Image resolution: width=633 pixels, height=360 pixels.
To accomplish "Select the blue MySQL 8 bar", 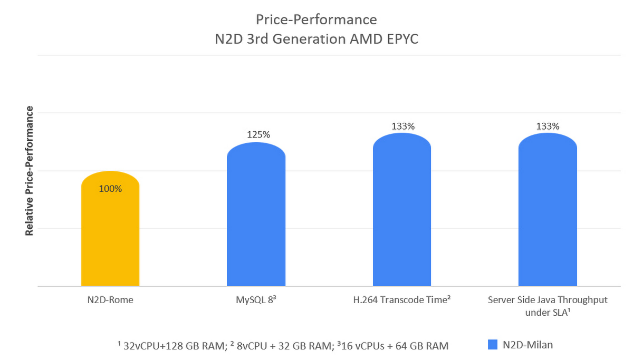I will point(256,221).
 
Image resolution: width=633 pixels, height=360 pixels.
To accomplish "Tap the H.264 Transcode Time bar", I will point(402,211).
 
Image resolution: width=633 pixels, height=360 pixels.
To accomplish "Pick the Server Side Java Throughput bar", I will point(548,211).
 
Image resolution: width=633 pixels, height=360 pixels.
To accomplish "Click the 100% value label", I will point(110,189).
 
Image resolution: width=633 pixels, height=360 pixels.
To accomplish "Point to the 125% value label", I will point(258,134).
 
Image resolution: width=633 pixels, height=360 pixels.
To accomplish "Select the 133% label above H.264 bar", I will point(403,126).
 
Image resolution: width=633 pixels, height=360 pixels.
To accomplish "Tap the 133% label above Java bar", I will point(548,126).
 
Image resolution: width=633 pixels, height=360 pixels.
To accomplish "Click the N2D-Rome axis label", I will point(110,300).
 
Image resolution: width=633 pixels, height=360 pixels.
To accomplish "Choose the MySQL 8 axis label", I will point(256,300).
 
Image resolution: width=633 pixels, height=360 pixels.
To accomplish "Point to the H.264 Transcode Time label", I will point(401,300).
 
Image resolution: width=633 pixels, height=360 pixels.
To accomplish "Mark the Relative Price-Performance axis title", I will point(30,171).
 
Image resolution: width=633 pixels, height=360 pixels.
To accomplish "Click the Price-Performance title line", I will point(316,20).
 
